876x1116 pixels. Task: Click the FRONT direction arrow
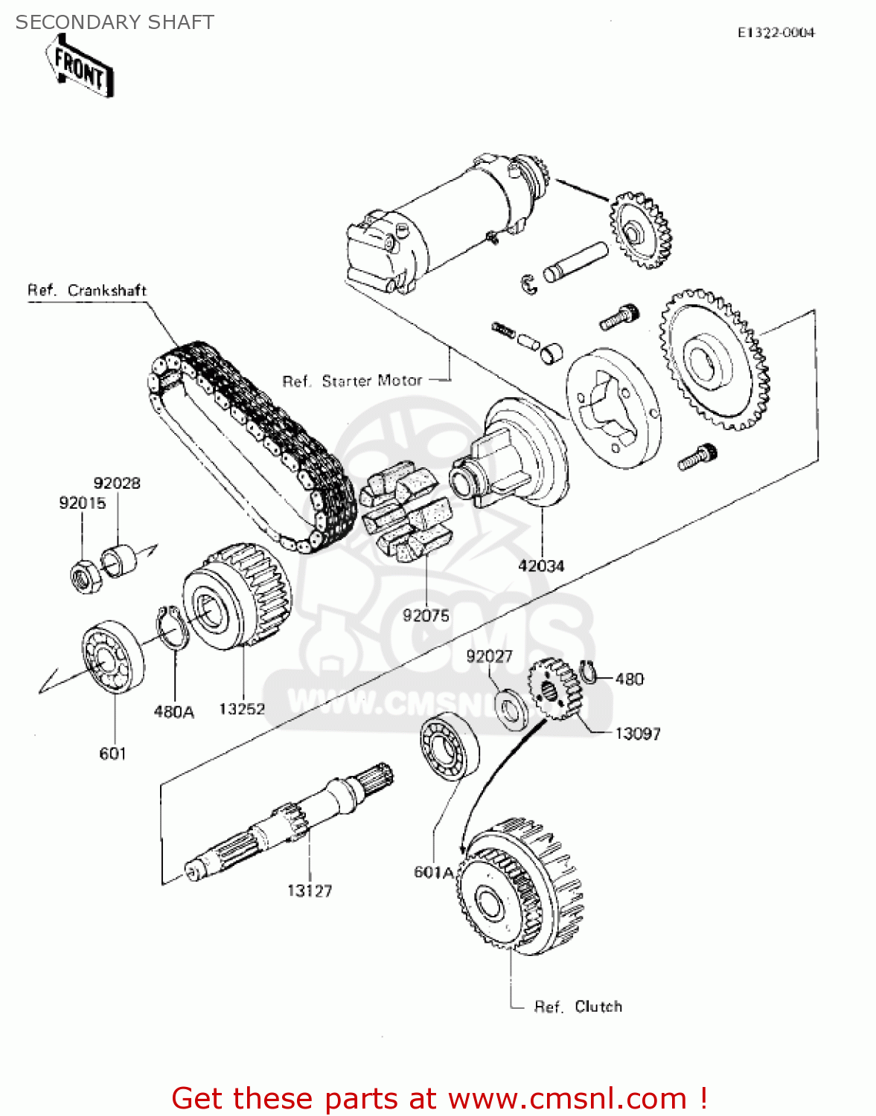pyautogui.click(x=80, y=68)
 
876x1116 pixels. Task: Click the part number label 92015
pyautogui.click(x=82, y=503)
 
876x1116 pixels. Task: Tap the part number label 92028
pyautogui.click(x=117, y=483)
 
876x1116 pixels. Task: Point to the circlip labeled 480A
pyautogui.click(x=172, y=627)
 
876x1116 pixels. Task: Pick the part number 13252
pyautogui.click(x=242, y=709)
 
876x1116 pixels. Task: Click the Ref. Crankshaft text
pyautogui.click(x=87, y=290)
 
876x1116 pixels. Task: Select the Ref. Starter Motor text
pyautogui.click(x=352, y=381)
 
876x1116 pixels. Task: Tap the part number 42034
pyautogui.click(x=541, y=565)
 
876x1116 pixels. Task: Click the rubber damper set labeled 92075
pyautogui.click(x=406, y=514)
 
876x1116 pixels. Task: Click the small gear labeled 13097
pyautogui.click(x=554, y=690)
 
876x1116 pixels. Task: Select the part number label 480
pyautogui.click(x=630, y=679)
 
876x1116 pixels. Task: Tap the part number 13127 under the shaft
pyautogui.click(x=310, y=891)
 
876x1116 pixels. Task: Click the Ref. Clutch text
pyautogui.click(x=578, y=1007)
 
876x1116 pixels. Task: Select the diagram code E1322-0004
pyautogui.click(x=776, y=33)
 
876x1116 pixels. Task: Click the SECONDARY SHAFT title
pyautogui.click(x=115, y=22)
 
